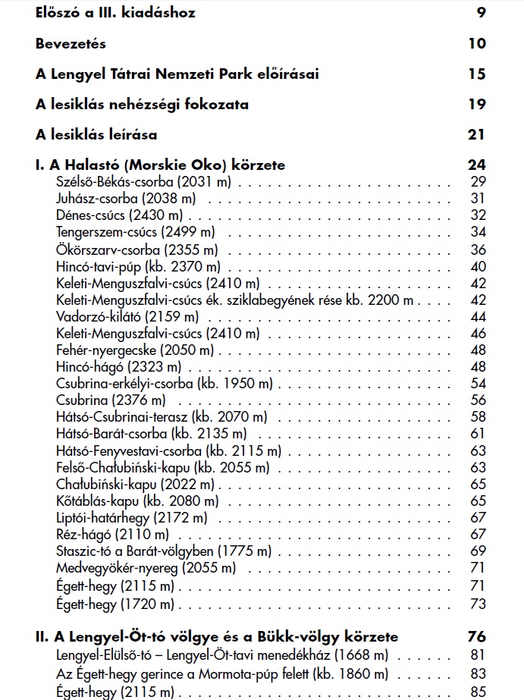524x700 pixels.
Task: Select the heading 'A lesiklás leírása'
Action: (x=96, y=134)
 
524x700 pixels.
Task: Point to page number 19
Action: (x=476, y=104)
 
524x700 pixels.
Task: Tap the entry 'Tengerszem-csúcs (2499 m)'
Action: (x=135, y=231)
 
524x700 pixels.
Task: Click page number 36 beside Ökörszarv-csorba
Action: (x=478, y=249)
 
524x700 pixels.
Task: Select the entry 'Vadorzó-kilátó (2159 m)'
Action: (x=126, y=315)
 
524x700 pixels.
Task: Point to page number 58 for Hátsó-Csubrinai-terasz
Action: (x=478, y=416)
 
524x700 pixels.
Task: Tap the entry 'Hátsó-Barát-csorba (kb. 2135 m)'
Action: (x=151, y=433)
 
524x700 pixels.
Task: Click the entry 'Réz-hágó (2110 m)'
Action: (x=112, y=534)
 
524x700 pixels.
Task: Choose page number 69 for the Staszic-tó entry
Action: (x=478, y=550)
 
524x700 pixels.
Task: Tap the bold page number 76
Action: (x=477, y=636)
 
